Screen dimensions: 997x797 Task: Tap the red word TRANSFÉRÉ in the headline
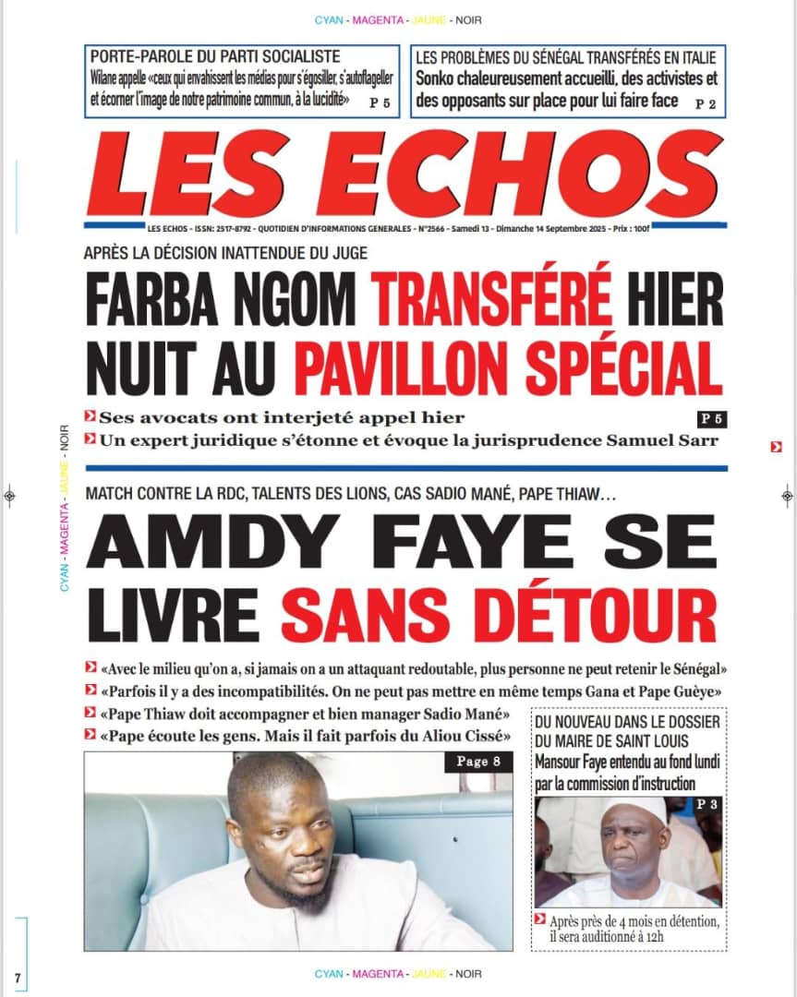[493, 297]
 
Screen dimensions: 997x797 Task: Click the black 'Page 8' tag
[478, 762]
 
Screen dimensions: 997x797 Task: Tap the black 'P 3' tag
[706, 805]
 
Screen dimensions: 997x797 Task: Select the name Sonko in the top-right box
[437, 79]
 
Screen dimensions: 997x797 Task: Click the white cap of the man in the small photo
[636, 809]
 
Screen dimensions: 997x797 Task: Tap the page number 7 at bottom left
[17, 978]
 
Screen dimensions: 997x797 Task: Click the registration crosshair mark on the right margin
[787, 496]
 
